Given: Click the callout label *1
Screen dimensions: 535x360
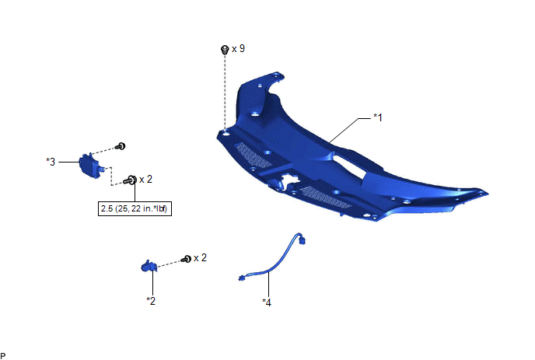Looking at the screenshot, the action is pos(378,117).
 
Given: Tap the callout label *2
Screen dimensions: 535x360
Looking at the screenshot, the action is pos(151,301).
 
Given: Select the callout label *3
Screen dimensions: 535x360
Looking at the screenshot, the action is pos(51,162).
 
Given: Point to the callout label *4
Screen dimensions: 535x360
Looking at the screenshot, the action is pos(267,302).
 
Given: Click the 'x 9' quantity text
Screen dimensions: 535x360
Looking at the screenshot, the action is pos(238,49).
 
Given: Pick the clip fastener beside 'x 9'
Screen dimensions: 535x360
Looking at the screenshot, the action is pos(225,50).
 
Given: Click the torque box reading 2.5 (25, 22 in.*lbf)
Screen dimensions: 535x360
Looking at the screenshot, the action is pos(135,208).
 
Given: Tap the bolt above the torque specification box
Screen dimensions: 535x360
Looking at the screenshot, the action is pos(131,180).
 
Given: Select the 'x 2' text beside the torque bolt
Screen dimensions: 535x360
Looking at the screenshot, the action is pos(145,180).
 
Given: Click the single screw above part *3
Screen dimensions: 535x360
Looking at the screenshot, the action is pos(121,146).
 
